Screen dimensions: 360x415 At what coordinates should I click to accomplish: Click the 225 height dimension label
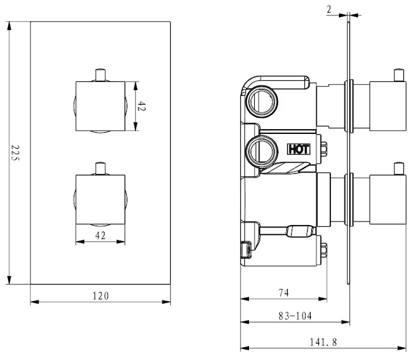point(16,153)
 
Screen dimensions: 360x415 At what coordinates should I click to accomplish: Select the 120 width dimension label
point(100,295)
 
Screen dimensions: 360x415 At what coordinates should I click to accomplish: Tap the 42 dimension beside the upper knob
point(141,107)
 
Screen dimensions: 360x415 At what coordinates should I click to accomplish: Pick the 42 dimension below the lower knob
point(101,235)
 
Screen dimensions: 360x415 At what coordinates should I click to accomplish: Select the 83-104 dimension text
point(295,316)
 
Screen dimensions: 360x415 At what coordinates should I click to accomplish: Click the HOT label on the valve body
point(299,149)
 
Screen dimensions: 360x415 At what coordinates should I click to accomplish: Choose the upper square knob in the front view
point(101,107)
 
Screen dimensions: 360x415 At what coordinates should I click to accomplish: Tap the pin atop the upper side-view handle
point(397,75)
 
